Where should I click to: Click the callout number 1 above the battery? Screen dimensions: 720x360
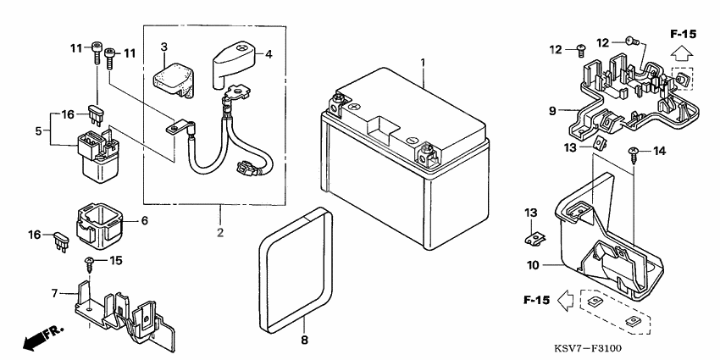click(x=423, y=62)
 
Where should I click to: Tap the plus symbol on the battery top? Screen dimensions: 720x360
click(x=353, y=106)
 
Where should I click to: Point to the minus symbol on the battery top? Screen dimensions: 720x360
click(x=412, y=140)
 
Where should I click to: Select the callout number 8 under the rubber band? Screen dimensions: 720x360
click(x=304, y=341)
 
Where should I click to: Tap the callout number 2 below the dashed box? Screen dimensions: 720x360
click(x=220, y=233)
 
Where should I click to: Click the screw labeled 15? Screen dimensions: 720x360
click(x=88, y=265)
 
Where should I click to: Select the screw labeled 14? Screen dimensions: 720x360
click(x=634, y=155)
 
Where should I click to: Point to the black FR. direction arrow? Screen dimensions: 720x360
click(x=42, y=337)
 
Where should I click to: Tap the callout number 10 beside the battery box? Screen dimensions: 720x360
click(x=533, y=265)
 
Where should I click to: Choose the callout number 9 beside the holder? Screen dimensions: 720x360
click(x=552, y=111)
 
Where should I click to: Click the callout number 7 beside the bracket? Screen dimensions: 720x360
click(x=55, y=293)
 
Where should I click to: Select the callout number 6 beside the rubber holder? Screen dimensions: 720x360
click(x=145, y=221)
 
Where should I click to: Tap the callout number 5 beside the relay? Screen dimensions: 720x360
click(x=39, y=130)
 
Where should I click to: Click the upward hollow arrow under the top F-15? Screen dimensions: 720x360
click(x=682, y=54)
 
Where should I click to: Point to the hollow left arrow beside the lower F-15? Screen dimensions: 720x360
click(x=566, y=301)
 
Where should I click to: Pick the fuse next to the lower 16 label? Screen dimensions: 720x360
click(x=61, y=241)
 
